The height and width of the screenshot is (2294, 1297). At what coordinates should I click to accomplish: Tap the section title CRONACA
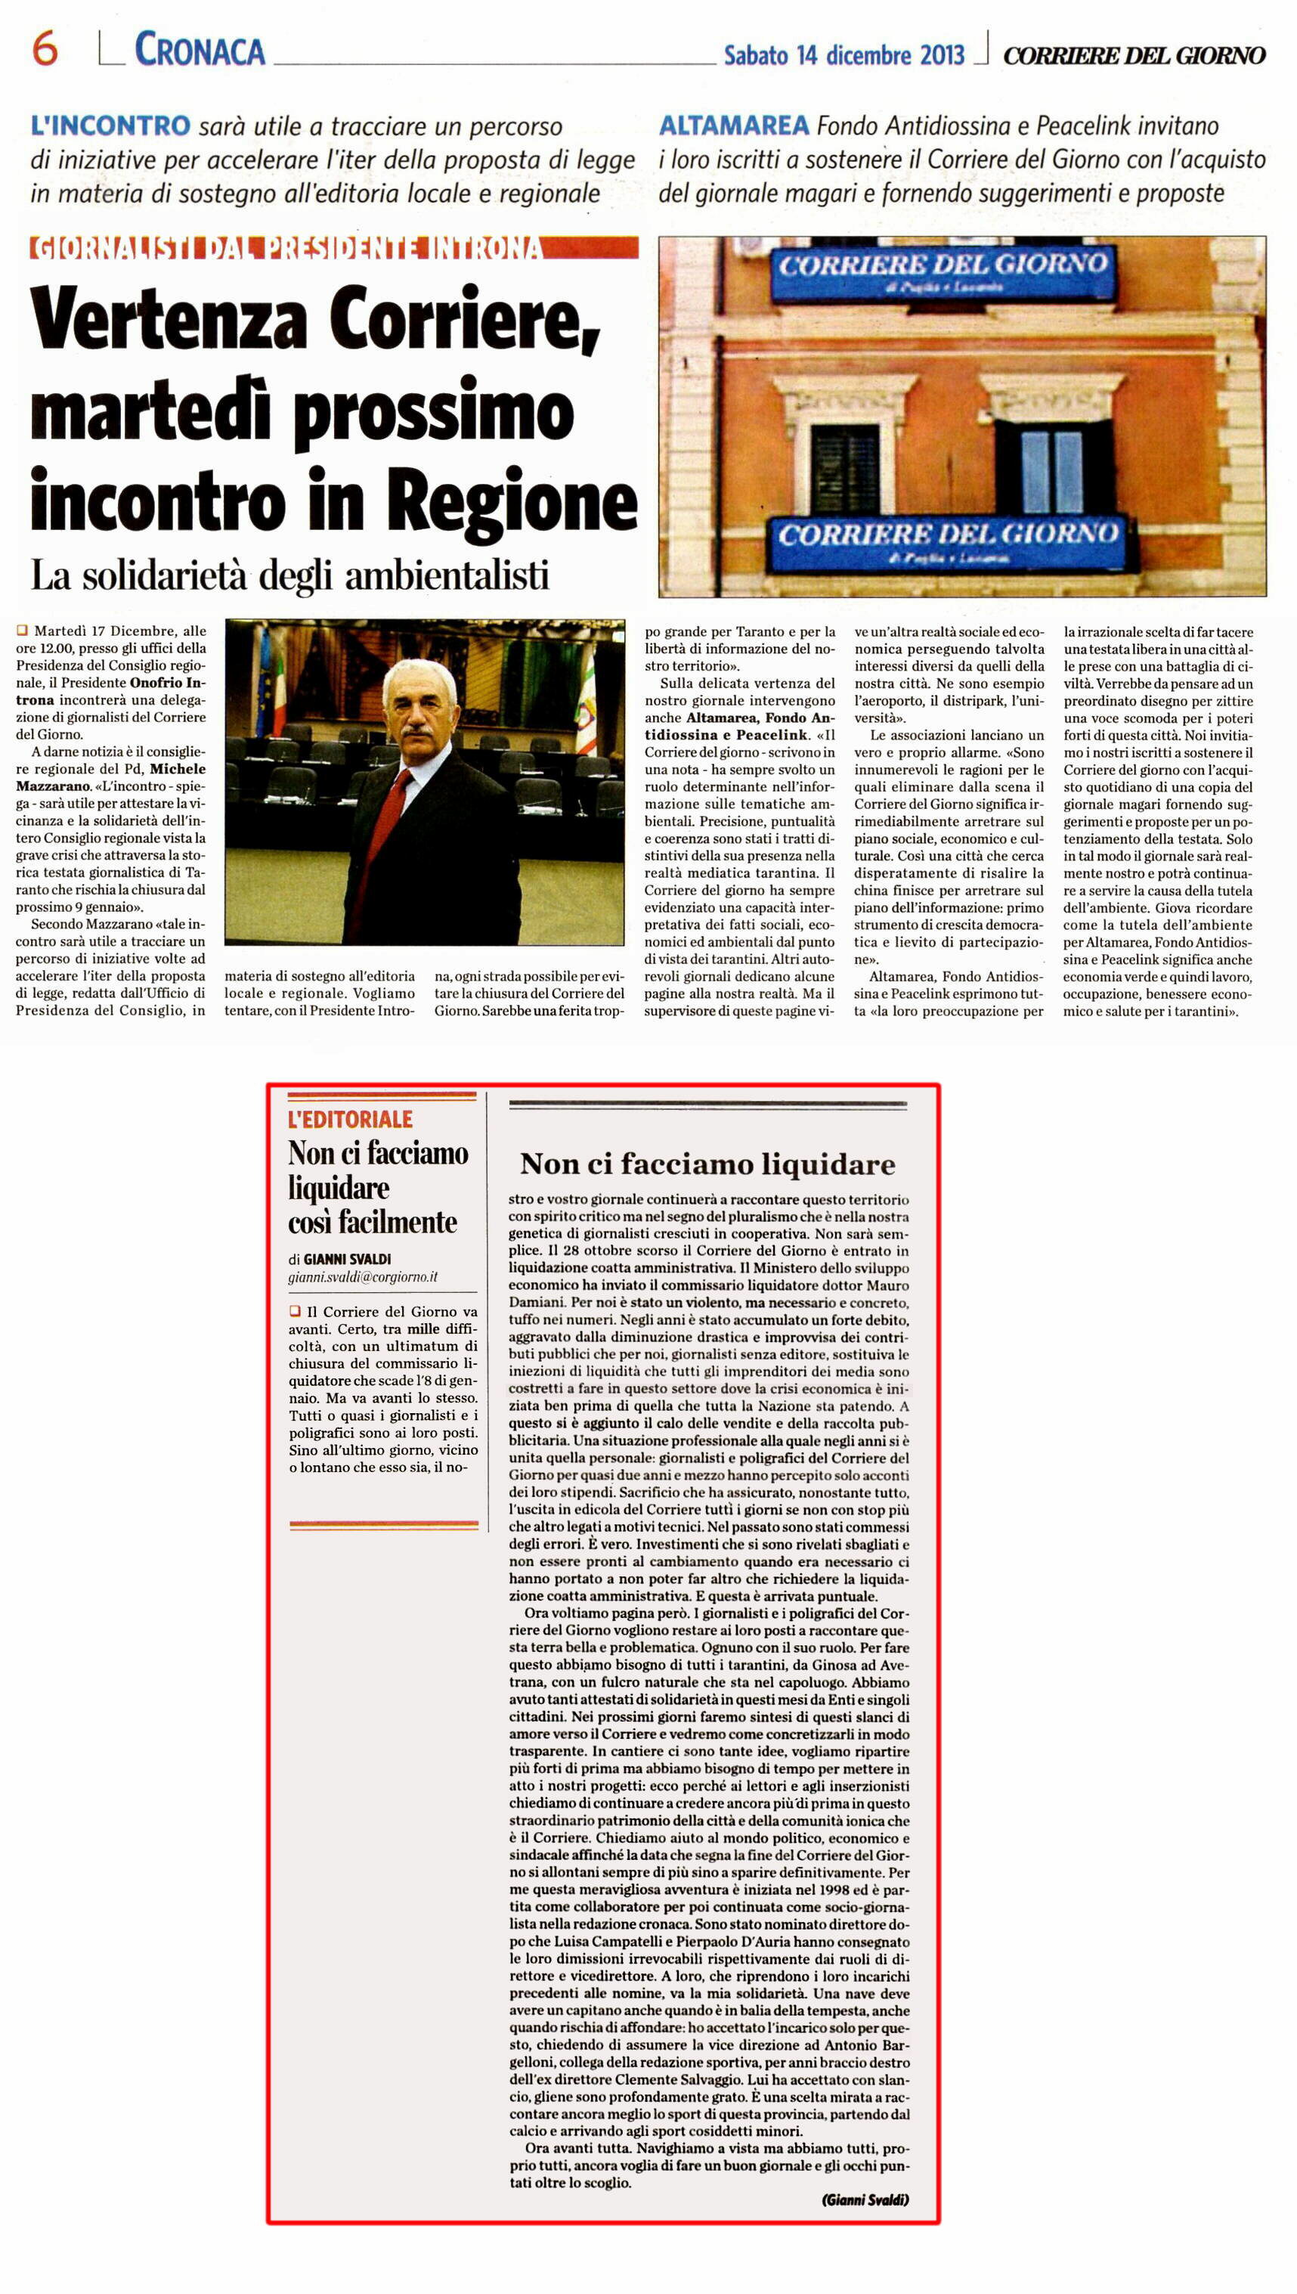(x=200, y=50)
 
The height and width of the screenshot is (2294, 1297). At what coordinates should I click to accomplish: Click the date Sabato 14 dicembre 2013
(x=843, y=55)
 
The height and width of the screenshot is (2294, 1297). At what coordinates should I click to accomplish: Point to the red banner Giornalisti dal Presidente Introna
(x=285, y=248)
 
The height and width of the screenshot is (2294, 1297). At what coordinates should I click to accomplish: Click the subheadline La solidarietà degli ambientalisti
(x=289, y=575)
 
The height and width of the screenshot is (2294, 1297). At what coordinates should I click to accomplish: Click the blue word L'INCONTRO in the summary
(x=110, y=126)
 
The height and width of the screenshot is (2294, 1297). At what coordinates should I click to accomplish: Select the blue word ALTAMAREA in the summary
(x=733, y=126)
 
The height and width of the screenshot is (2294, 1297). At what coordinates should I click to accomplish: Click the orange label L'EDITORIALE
(x=350, y=1119)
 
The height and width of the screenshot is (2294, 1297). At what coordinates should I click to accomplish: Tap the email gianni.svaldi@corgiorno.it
(x=363, y=1276)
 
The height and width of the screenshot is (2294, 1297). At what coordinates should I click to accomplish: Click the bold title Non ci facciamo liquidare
(x=707, y=1164)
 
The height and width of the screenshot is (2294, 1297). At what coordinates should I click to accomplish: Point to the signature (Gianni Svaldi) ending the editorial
(x=864, y=2199)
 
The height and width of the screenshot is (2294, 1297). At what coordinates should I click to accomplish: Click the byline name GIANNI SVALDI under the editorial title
(x=346, y=1259)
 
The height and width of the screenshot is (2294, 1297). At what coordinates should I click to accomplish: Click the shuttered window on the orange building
(x=844, y=467)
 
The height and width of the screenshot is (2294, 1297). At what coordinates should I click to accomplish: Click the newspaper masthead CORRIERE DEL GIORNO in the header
(x=1133, y=55)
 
